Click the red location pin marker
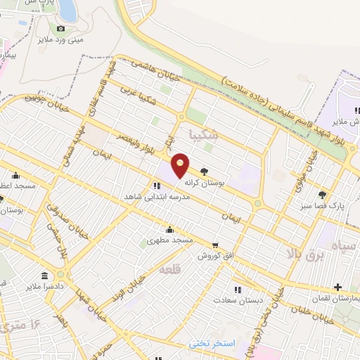181,165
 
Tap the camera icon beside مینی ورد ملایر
60,29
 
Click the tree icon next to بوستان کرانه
204,170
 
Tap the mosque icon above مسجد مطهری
169,229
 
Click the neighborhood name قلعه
172,269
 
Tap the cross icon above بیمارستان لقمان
339,287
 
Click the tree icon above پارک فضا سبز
322,195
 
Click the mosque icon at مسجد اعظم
15,175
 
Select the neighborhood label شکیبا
205,134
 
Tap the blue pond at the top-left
67,9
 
